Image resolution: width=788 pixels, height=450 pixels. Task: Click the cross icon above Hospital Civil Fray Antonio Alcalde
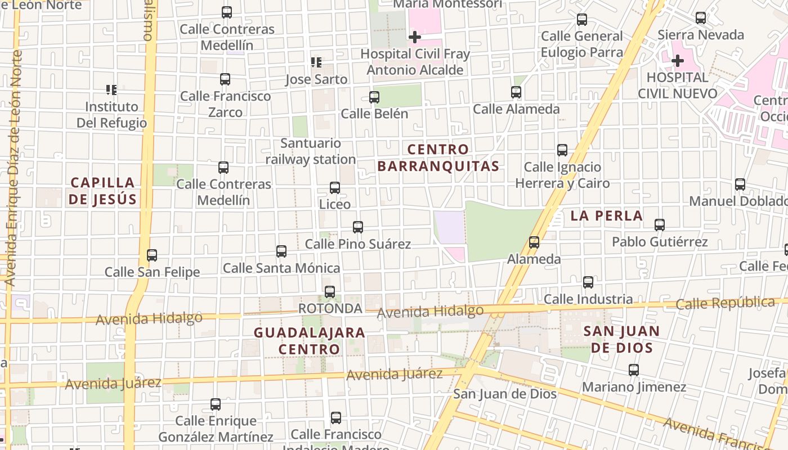coord(415,38)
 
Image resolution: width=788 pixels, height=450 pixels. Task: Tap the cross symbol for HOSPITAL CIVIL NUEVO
coord(678,60)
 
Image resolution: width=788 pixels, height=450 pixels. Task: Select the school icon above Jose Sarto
coord(316,62)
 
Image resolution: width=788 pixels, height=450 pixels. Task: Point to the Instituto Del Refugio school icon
coord(111,89)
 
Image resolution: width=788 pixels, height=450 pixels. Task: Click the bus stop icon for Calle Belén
coord(374,97)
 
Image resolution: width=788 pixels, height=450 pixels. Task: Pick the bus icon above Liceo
coord(335,188)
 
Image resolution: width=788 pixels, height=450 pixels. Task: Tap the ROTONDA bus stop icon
coord(330,292)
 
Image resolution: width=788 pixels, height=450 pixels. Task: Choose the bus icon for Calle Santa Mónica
coord(281,251)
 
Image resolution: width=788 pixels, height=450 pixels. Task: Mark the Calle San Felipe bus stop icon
coord(152,255)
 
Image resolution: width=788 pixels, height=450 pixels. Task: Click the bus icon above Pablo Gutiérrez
coord(660,225)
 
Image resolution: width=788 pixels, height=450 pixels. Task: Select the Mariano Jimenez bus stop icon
coord(634,370)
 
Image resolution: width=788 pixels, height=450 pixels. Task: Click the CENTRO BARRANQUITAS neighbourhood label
coord(438,157)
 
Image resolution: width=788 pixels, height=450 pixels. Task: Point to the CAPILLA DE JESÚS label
coord(103,191)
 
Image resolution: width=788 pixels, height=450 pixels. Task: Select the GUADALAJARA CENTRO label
coord(310,340)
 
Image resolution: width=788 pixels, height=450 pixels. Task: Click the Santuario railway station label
coord(311,151)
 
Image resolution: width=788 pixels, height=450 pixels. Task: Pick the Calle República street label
coord(725,303)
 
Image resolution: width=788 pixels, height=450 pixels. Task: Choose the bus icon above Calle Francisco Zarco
coord(225,79)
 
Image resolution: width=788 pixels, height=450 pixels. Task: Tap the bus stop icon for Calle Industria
coord(588,282)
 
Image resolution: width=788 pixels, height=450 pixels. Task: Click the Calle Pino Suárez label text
coord(357,244)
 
